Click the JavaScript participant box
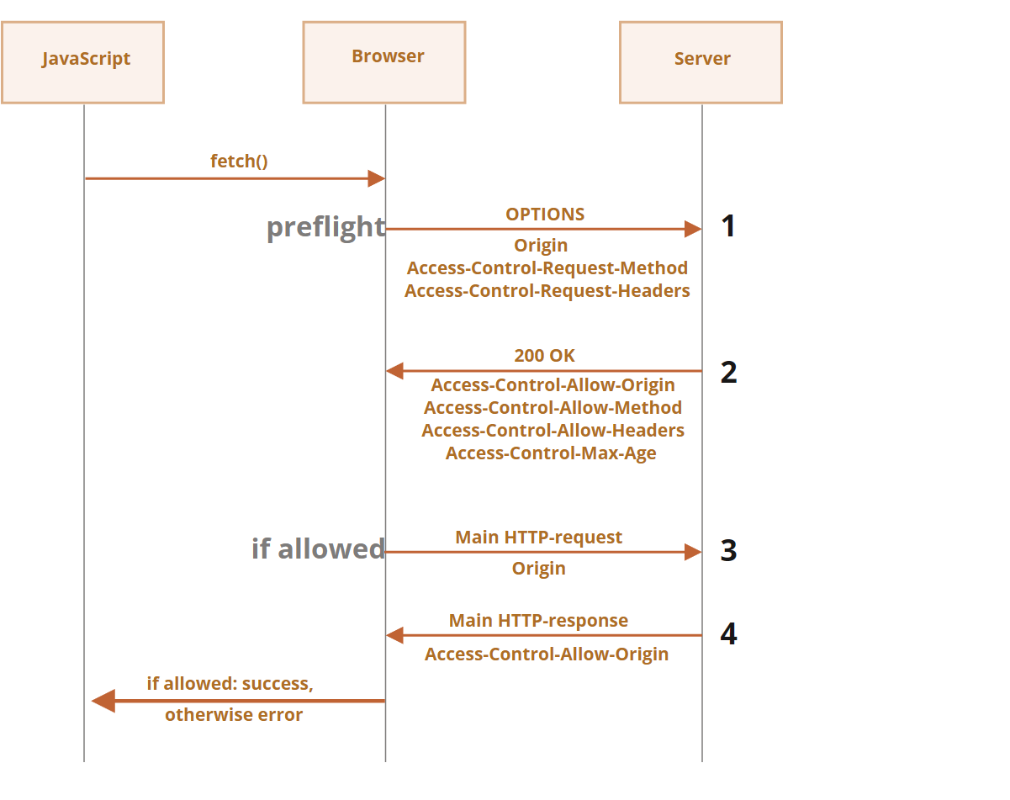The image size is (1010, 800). pos(83,62)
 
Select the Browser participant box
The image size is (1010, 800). pos(384,62)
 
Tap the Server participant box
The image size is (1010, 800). pos(701,62)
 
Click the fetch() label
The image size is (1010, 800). pos(239,161)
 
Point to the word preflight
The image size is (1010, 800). pos(326,227)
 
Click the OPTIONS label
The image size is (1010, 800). pos(545,215)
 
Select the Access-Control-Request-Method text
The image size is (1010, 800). pos(547,268)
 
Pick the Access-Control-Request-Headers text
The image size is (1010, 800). pos(547,291)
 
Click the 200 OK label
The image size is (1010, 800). pos(544,356)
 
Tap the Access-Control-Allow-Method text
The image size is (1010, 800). pos(553,408)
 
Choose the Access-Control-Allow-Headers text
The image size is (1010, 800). pos(553,431)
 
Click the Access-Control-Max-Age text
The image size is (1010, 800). pos(551,453)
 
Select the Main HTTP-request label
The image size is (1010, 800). pos(539,538)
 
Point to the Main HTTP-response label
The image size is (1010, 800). pos(539,621)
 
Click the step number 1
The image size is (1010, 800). pos(728,225)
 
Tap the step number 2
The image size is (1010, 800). pos(729,373)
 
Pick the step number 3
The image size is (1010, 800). pos(729,550)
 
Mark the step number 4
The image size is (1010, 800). pos(729,633)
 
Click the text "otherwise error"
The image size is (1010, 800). pos(234,715)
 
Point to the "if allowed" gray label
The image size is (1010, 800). pos(319,548)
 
